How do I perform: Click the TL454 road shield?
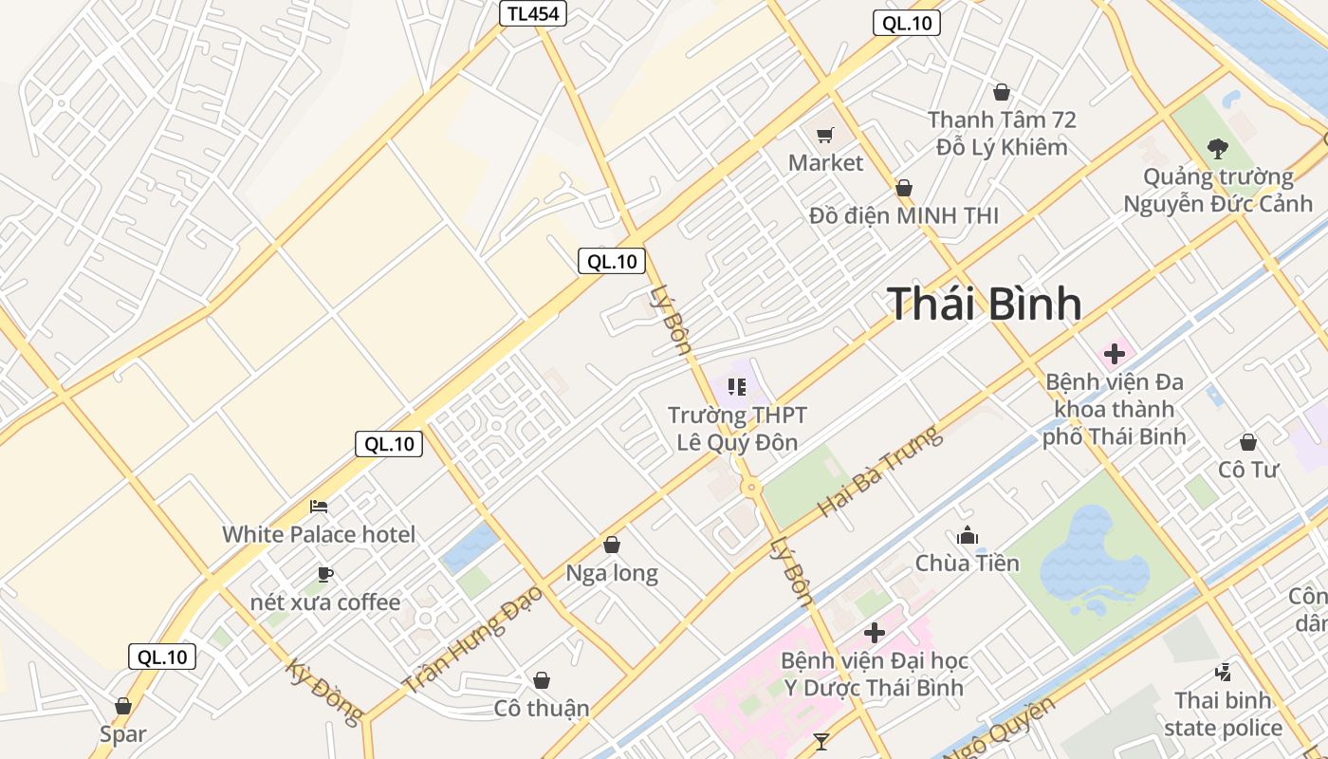coord(533,13)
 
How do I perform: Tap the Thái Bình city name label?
coord(985,304)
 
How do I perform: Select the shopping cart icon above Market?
coord(824,135)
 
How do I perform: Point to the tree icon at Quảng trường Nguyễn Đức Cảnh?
coord(1217,148)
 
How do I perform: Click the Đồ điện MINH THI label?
coord(903,215)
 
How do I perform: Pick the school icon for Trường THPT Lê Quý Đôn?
coord(736,386)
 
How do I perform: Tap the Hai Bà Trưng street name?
coord(880,472)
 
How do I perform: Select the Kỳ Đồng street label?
coord(323,691)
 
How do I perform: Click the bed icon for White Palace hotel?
coord(319,507)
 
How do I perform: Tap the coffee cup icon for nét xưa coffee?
coord(324,574)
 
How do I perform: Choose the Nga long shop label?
coord(612,573)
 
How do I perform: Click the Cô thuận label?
coord(542,708)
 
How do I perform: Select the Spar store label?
coord(123,733)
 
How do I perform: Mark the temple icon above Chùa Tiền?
coord(967,535)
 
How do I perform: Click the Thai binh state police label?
coord(1223,714)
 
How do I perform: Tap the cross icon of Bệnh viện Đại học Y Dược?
coord(874,632)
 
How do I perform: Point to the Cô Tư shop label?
coord(1248,469)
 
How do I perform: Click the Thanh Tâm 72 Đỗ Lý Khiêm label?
coord(1002,134)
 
